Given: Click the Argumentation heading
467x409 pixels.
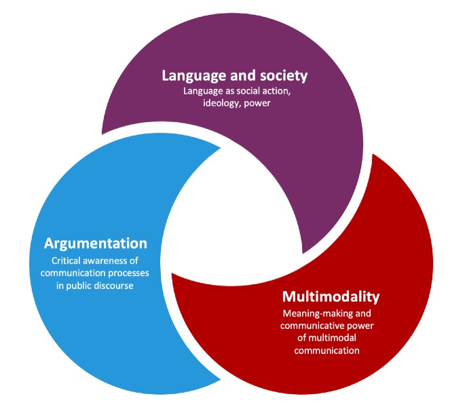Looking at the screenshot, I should click(x=96, y=244).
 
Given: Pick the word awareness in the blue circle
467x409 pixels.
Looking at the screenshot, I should click(x=109, y=261).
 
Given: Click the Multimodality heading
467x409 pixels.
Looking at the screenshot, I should click(x=331, y=297).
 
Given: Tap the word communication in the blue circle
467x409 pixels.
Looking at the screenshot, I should click(x=73, y=273).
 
